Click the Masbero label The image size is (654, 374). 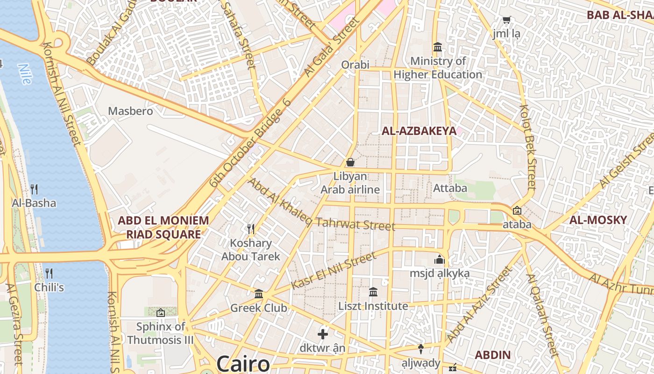point(130,111)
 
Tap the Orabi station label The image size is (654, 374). point(355,65)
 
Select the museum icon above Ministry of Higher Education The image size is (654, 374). point(438,47)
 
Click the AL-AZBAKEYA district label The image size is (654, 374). point(419,131)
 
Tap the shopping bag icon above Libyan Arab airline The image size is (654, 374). point(350,162)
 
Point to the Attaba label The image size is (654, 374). point(450,188)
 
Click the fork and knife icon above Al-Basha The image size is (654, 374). point(34,189)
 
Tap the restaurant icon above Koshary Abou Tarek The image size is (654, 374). point(251,229)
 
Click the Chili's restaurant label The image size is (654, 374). point(49,287)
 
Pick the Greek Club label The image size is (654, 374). point(258,308)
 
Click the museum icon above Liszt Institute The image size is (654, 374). point(373,292)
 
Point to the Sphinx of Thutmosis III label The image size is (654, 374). point(160,333)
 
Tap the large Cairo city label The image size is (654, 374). point(243,364)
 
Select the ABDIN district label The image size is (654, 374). point(493,355)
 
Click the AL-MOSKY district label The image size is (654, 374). point(598,220)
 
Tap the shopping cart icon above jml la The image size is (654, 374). point(506,20)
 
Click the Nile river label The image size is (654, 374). point(25,73)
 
